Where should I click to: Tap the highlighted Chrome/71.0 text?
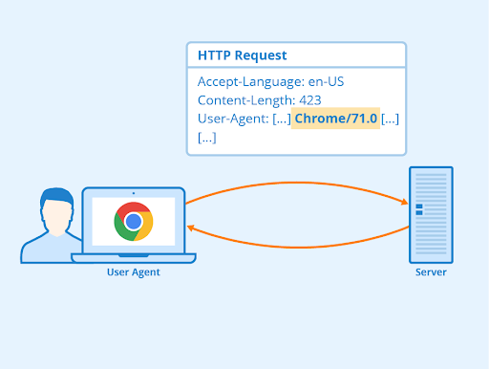(336, 118)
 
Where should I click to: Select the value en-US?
(324, 81)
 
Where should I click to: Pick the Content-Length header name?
(244, 99)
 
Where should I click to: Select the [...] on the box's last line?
(206, 137)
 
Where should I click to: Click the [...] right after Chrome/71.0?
(390, 118)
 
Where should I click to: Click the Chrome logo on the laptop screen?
(133, 222)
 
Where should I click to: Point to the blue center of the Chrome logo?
(133, 222)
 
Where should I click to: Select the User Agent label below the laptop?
(133, 272)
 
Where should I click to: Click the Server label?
(431, 272)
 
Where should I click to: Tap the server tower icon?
(431, 215)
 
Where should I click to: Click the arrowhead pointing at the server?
(404, 202)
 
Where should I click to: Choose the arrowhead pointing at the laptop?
(192, 228)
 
